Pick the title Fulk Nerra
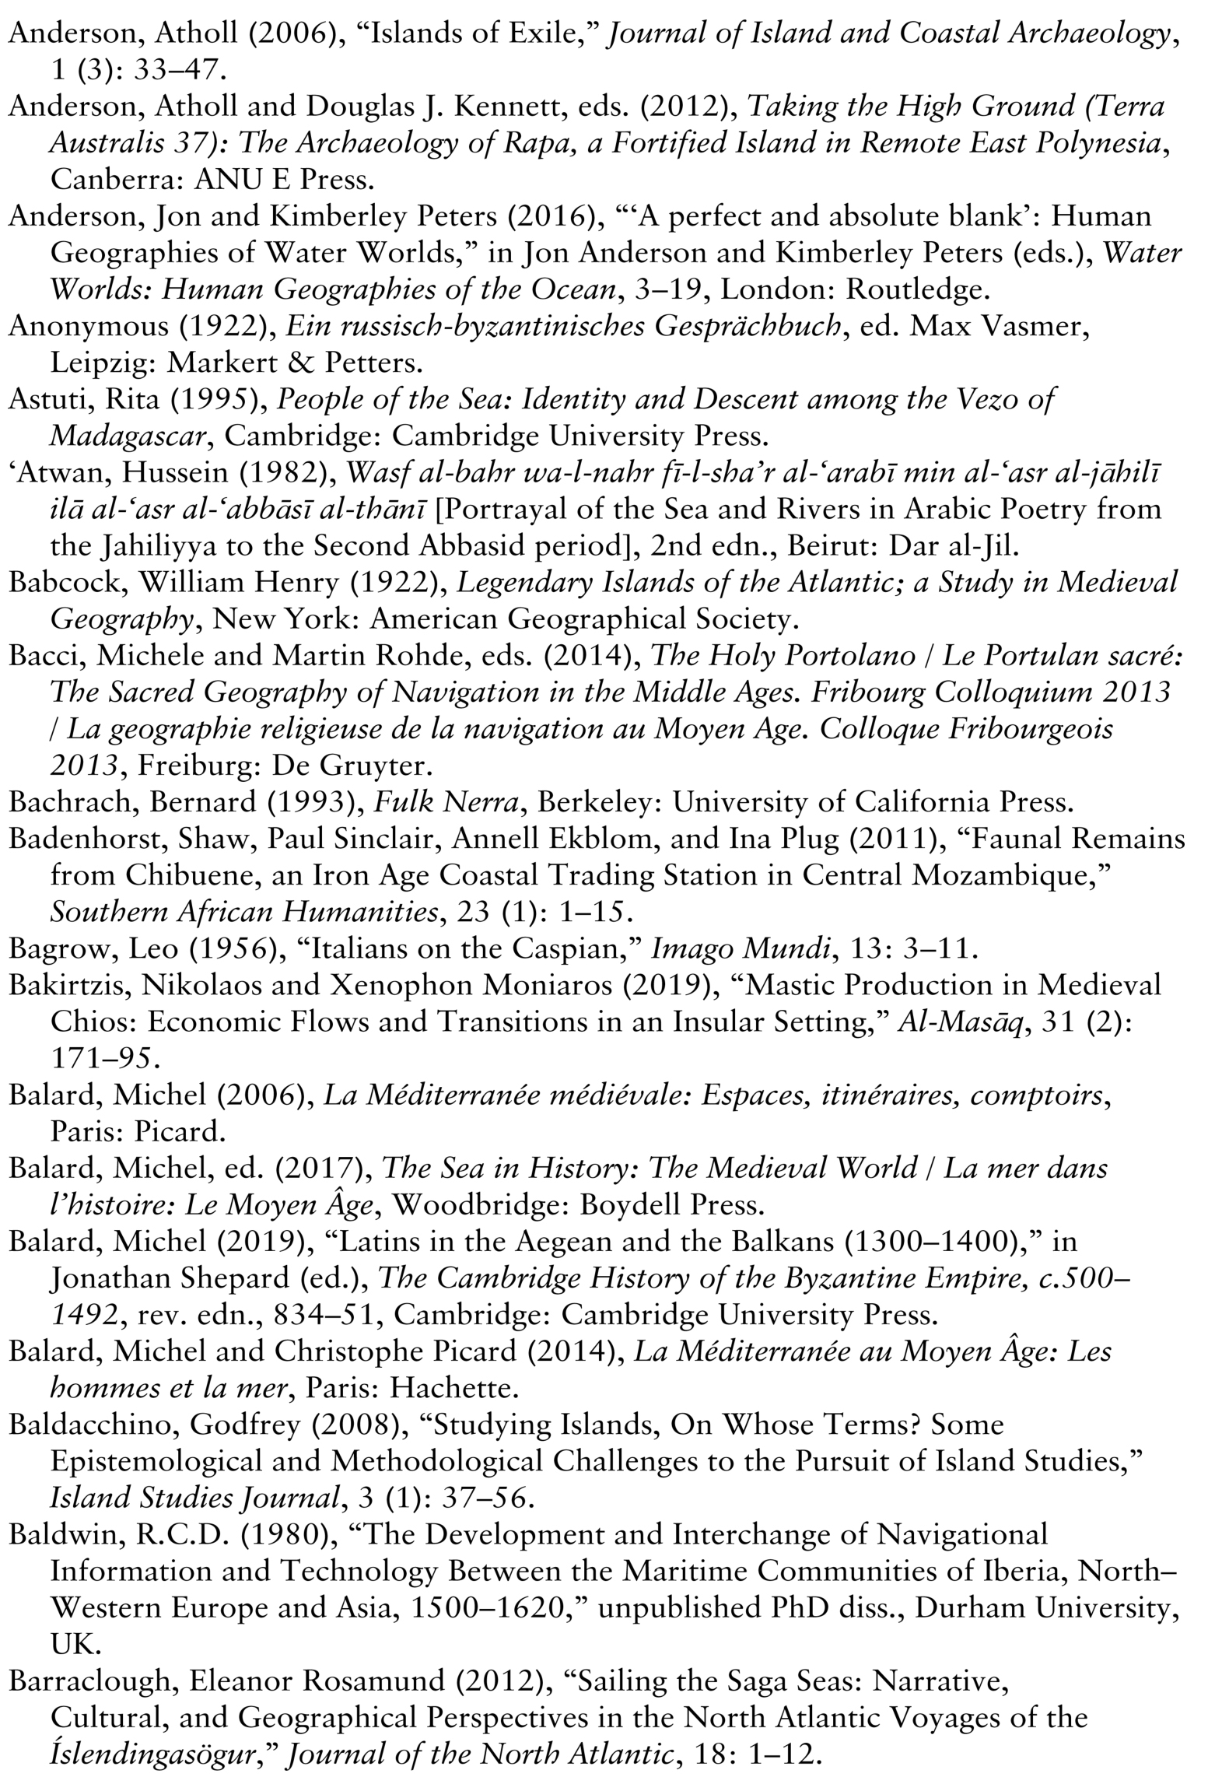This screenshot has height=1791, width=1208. pyautogui.click(x=445, y=801)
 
